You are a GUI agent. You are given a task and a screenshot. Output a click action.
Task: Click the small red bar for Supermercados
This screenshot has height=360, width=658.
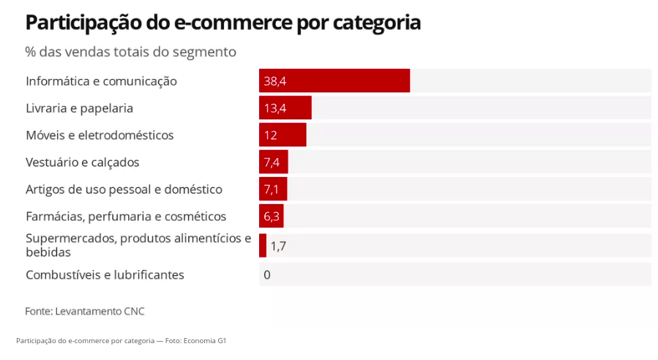(x=263, y=246)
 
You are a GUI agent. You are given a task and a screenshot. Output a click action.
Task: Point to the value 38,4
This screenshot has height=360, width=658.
(x=274, y=81)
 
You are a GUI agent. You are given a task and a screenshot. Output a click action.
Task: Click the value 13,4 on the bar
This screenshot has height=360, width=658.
(x=274, y=108)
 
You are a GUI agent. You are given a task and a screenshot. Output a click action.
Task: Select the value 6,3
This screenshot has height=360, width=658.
(x=272, y=217)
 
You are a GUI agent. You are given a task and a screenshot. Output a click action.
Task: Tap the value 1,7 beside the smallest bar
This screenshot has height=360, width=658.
(x=278, y=246)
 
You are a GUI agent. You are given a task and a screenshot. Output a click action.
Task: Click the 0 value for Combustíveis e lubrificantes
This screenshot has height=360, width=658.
(x=267, y=275)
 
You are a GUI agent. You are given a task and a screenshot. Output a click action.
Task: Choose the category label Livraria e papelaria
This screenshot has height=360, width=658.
(x=79, y=108)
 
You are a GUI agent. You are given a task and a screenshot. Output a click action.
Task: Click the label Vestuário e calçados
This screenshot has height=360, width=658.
(x=82, y=162)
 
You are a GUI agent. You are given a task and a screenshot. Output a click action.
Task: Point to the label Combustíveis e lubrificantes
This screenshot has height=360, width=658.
(x=105, y=275)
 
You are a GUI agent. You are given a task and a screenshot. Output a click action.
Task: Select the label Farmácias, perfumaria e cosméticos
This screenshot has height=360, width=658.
(x=126, y=217)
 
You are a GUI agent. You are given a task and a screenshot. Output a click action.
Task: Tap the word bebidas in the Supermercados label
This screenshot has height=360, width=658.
(x=48, y=252)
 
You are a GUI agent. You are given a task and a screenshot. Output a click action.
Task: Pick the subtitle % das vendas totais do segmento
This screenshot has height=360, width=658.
(x=130, y=52)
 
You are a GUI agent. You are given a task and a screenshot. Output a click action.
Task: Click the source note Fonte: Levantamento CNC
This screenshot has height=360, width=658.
(x=85, y=311)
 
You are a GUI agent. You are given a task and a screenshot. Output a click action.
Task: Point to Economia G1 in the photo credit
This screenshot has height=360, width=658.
(x=205, y=341)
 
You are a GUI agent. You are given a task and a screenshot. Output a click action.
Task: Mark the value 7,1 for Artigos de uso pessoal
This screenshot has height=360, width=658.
(x=272, y=190)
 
